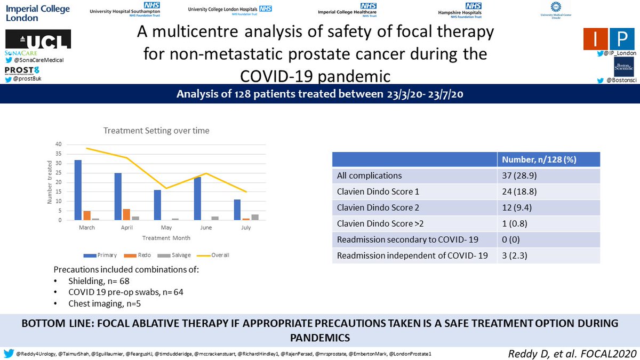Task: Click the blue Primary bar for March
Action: (x=78, y=190)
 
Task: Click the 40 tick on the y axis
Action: (x=59, y=145)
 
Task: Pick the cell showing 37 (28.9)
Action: (x=516, y=175)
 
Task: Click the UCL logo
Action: (x=38, y=40)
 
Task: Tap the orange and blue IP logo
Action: (x=606, y=39)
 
